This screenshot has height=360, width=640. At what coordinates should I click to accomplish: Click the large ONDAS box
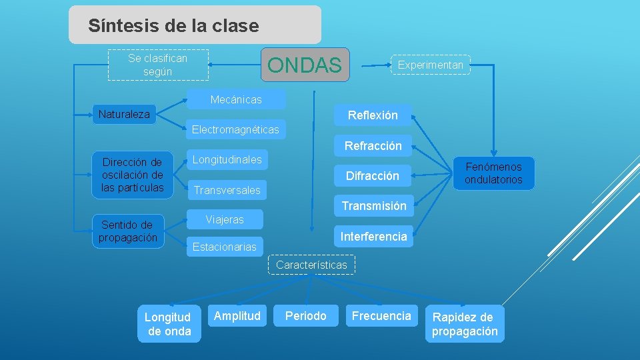(x=305, y=65)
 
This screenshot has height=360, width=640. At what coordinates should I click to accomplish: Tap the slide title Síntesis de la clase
(x=173, y=26)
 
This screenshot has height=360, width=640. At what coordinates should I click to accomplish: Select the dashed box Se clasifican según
(x=158, y=65)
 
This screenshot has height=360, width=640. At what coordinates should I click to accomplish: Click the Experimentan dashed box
(x=430, y=65)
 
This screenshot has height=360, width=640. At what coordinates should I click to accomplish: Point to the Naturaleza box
(x=124, y=114)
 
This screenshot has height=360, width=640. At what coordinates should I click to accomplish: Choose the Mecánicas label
(x=236, y=99)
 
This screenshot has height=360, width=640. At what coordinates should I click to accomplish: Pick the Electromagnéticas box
(x=235, y=129)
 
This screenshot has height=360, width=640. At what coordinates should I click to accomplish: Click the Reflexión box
(x=373, y=115)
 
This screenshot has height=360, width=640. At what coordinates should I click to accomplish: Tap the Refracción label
(x=373, y=145)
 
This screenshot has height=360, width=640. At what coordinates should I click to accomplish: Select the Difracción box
(x=372, y=176)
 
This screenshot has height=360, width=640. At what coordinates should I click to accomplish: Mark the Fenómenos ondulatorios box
(x=493, y=173)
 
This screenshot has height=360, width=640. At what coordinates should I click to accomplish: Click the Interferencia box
(x=373, y=236)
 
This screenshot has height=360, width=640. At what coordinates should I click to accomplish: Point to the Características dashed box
(x=311, y=265)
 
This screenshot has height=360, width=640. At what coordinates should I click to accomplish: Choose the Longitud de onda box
(x=169, y=324)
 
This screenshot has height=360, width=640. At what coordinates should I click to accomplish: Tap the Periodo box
(x=306, y=315)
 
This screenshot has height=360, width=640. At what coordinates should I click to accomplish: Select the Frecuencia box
(x=381, y=315)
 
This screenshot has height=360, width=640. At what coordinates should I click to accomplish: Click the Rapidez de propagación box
(x=465, y=324)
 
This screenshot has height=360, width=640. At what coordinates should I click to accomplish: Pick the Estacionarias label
(x=224, y=247)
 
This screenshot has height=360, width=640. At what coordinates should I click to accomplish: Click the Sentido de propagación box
(x=128, y=231)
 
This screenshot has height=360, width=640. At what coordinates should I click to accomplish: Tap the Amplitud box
(x=237, y=315)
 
